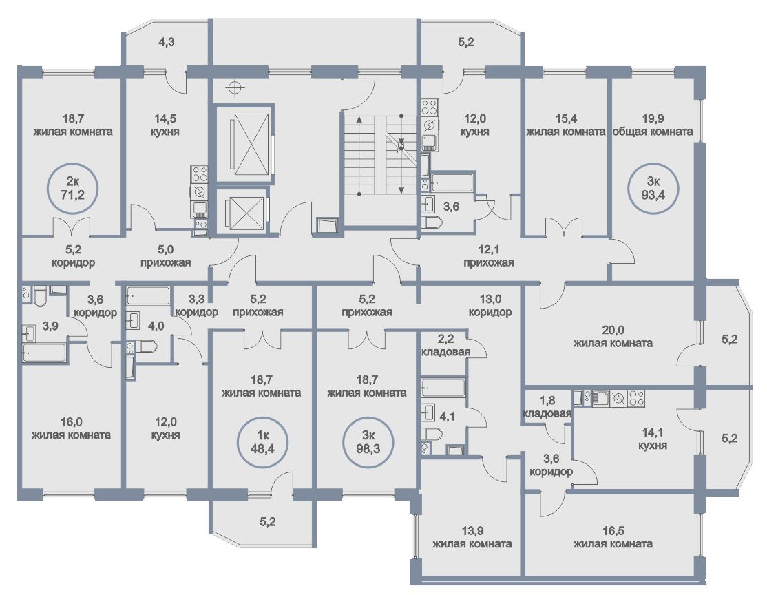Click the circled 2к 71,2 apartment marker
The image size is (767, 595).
tap(73, 188)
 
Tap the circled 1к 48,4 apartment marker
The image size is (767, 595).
tap(262, 442)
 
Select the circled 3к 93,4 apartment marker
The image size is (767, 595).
tap(653, 189)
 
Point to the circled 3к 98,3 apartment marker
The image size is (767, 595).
tap(369, 442)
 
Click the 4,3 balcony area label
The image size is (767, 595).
tap(167, 42)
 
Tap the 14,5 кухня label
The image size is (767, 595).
tap(166, 125)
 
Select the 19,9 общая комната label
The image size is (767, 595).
tap(653, 125)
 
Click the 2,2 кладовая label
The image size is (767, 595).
tap(445, 346)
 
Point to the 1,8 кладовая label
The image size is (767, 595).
tap(547, 407)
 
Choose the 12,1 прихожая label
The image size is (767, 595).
tap(489, 256)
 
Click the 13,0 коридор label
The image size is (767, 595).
tap(490, 305)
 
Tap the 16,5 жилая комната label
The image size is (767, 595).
tap(613, 537)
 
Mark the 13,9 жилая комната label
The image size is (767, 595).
tap(472, 537)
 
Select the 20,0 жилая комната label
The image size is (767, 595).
tap(613, 337)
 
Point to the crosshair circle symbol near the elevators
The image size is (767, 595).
tap(235, 88)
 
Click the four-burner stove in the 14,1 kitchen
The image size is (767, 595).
tap(637, 398)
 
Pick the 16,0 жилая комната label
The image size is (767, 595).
tap(71, 428)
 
